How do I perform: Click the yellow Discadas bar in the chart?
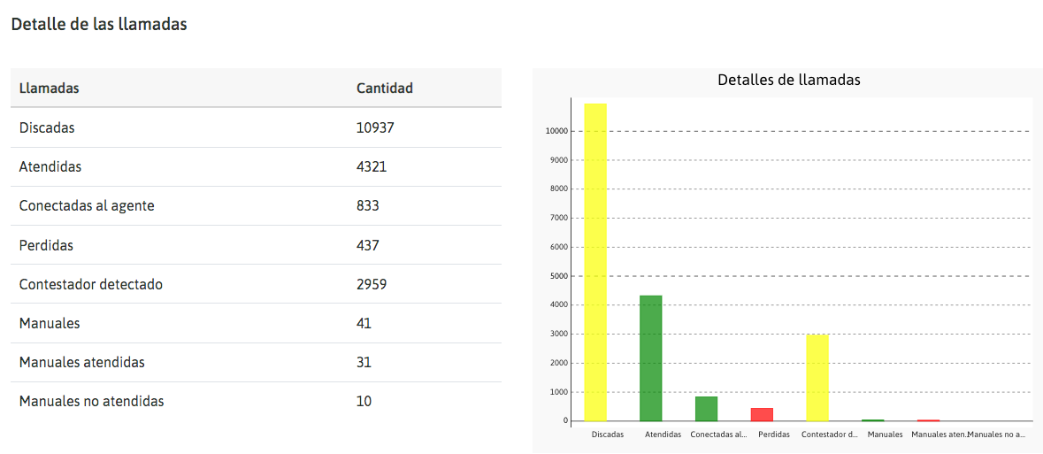pos(595,262)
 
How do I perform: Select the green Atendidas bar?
pos(651,358)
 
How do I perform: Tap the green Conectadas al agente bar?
pos(706,409)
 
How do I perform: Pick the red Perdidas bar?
pos(762,414)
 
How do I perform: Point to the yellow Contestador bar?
pos(817,378)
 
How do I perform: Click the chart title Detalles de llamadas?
pos(788,80)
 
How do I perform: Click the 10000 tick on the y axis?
pos(557,131)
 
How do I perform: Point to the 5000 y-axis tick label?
pos(559,276)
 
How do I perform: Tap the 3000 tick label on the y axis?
pos(559,334)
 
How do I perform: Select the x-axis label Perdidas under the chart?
pos(774,435)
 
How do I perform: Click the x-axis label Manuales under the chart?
pos(885,435)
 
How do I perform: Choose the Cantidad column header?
pos(384,88)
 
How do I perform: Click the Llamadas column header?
pos(50,88)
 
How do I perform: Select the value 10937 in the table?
pos(375,127)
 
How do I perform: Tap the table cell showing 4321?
pos(372,166)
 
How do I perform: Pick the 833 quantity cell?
pos(368,205)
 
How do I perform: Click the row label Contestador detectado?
pos(90,284)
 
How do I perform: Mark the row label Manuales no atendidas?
pos(91,401)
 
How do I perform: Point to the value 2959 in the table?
pos(372,284)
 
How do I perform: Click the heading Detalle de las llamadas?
pos(99,25)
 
